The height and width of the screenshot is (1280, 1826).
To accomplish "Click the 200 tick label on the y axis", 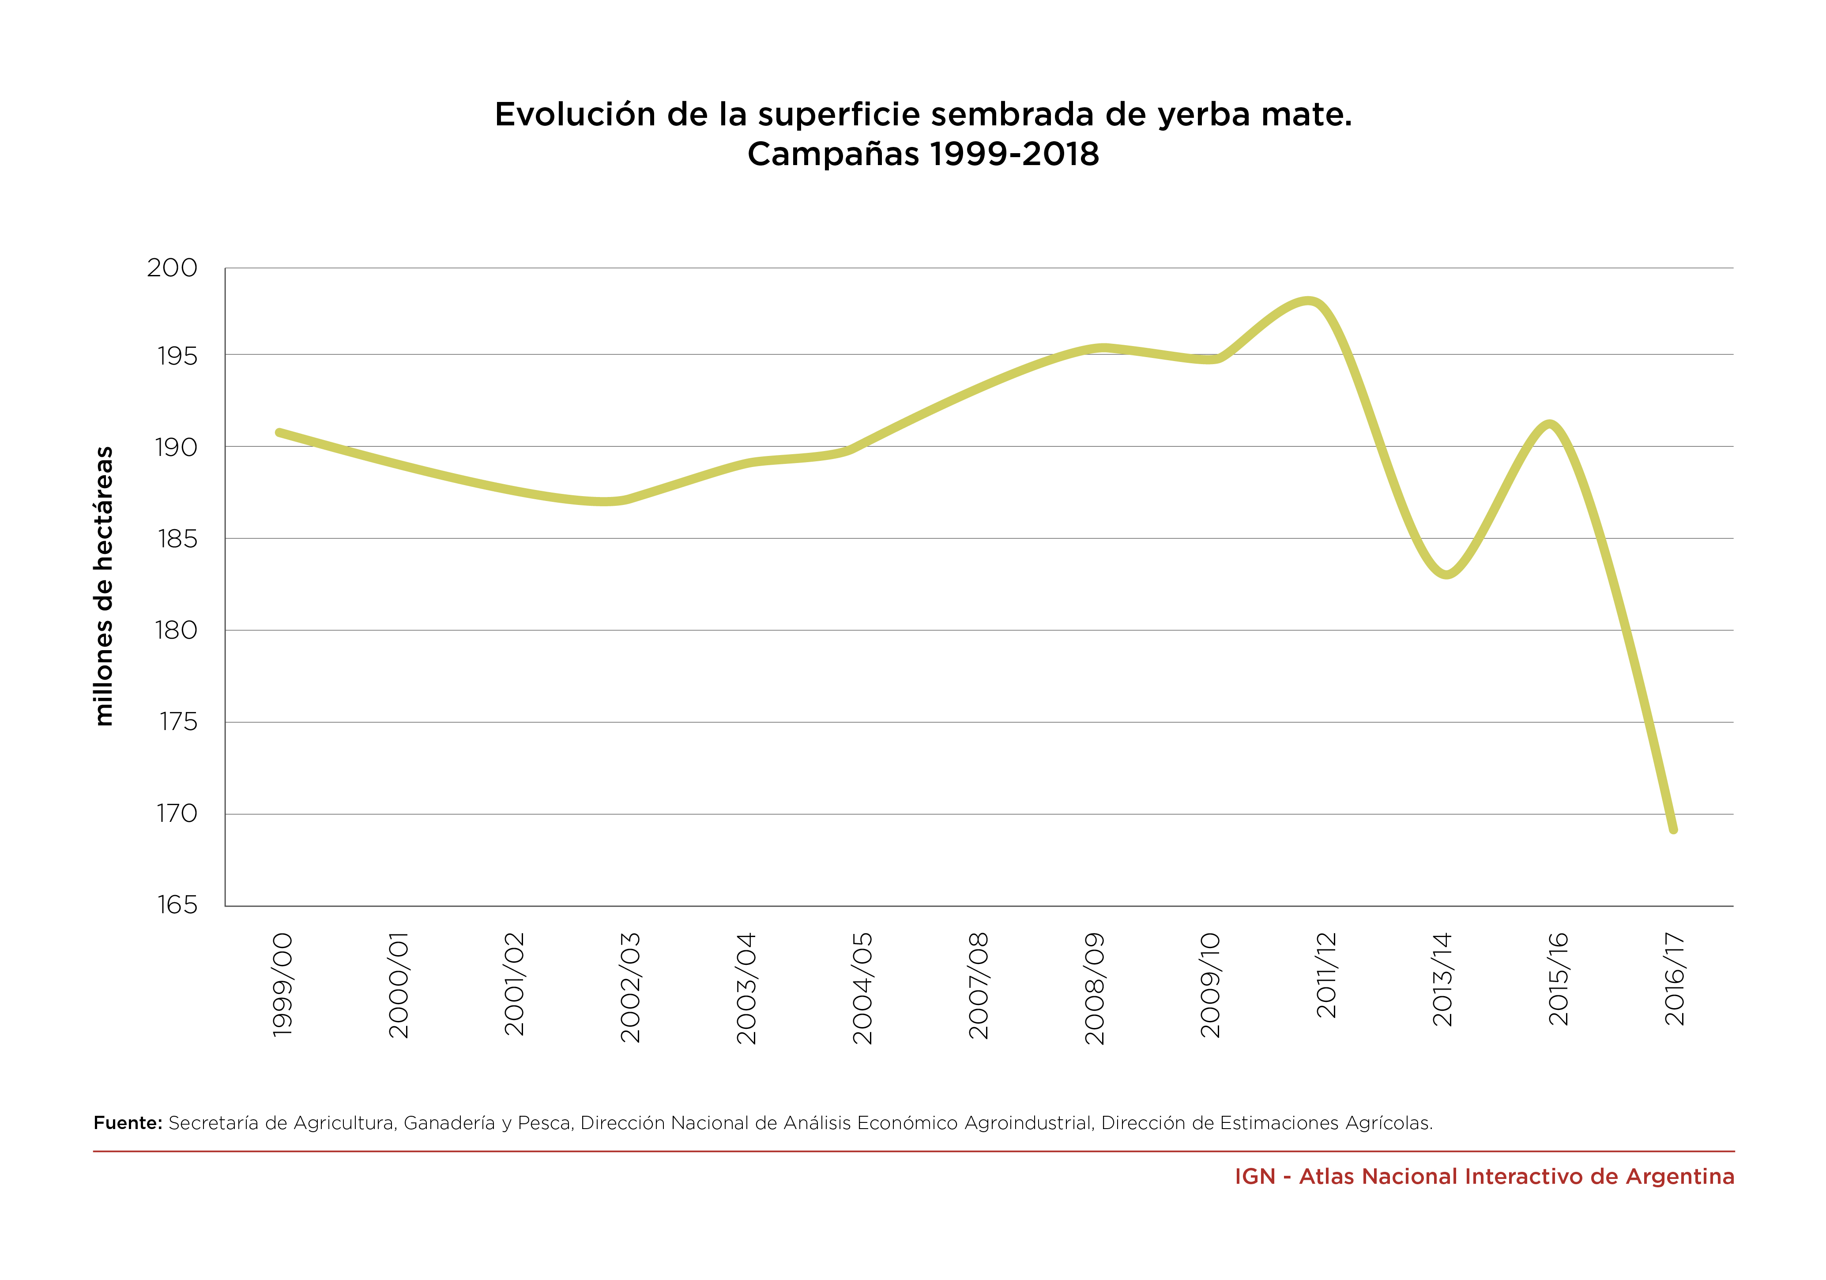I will pos(172,268).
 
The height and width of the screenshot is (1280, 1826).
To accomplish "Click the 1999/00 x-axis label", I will pos(283,985).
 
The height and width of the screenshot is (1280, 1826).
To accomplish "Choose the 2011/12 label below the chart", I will pos(1326,975).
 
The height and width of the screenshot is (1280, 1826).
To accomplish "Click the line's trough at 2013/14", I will pos(1446,574).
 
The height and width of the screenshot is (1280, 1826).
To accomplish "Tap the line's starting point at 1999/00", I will pos(279,433).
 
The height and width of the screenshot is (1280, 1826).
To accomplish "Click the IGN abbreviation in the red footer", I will pos(1254,1177).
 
